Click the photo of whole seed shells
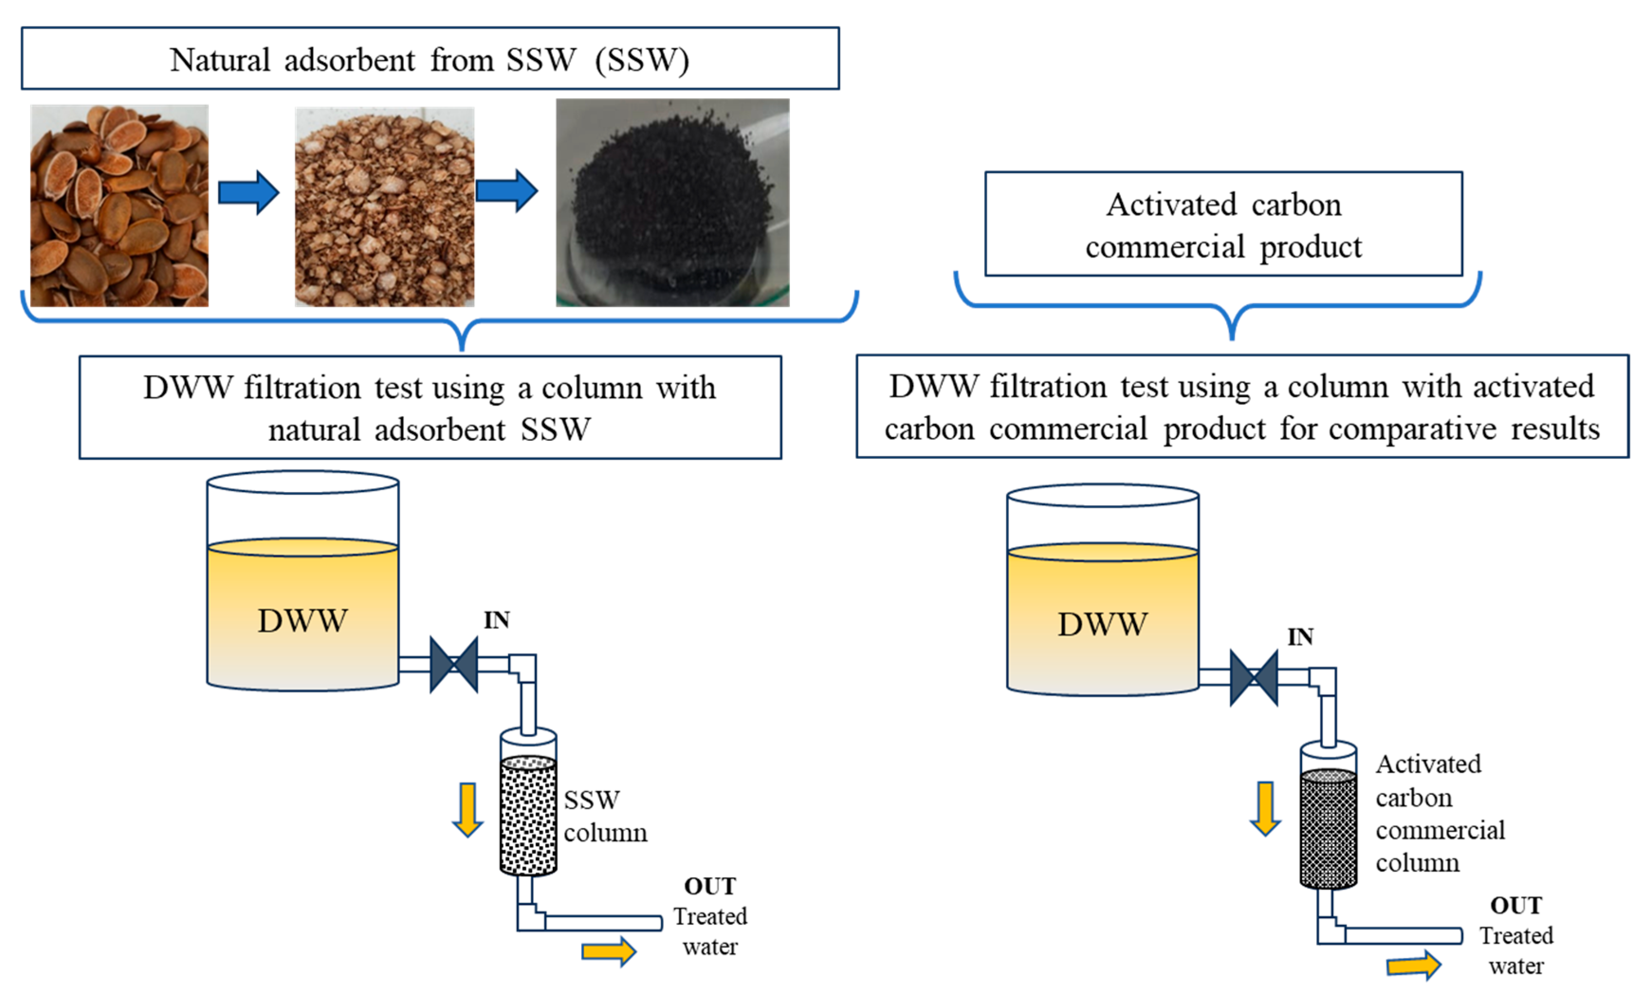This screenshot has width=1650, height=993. pos(119,205)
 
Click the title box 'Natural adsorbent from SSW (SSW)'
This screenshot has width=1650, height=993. pos(430,59)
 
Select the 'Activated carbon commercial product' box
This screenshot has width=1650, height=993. pos(1222,224)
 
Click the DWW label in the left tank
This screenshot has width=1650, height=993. pos(302,620)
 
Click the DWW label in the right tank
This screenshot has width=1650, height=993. pos(1102,624)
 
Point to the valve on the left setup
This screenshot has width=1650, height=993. pos(453,665)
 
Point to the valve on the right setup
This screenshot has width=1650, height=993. pos(1253,678)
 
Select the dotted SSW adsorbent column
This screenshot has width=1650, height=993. pos(528,815)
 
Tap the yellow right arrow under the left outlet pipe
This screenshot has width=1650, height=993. pos(608,951)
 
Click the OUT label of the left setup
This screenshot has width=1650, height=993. pos(709,886)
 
